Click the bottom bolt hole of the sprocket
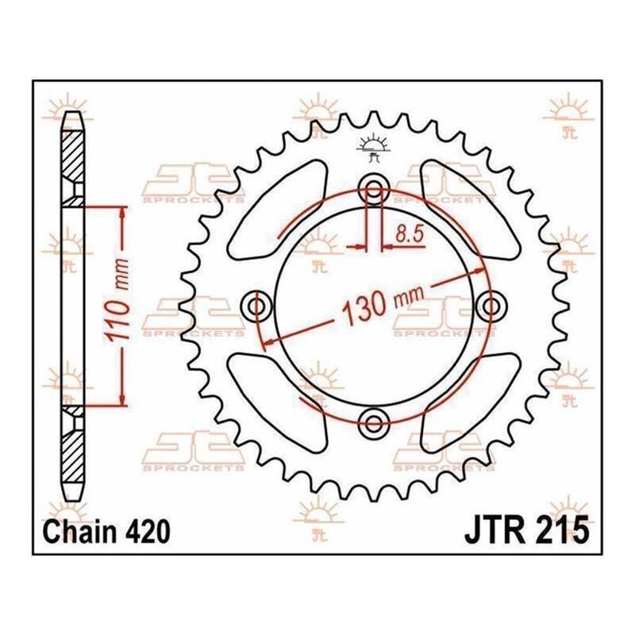pyautogui.click(x=374, y=424)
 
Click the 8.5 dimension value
pyautogui.click(x=409, y=234)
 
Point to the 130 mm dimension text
pyautogui.click(x=383, y=304)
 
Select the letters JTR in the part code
pyautogui.click(x=492, y=531)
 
